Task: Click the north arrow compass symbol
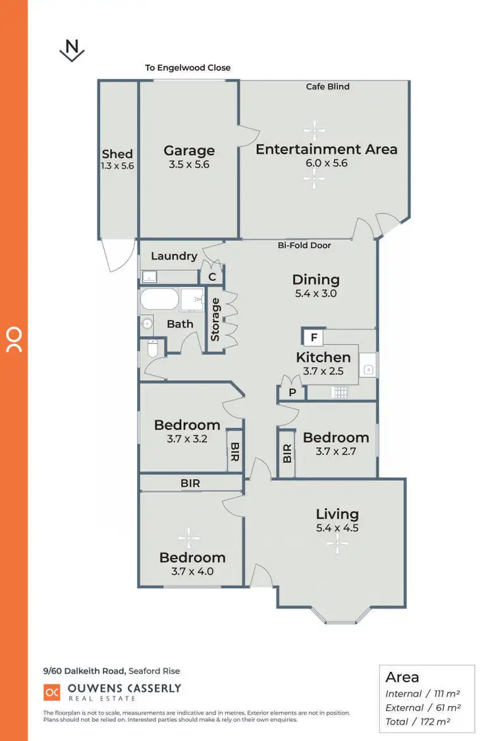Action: pyautogui.click(x=72, y=50)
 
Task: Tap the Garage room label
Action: pyautogui.click(x=189, y=151)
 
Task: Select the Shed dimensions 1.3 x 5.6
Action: pyautogui.click(x=117, y=166)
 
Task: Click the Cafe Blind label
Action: pyautogui.click(x=327, y=86)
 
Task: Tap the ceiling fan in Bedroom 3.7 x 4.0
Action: pyautogui.click(x=188, y=538)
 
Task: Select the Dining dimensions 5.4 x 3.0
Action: pyautogui.click(x=316, y=294)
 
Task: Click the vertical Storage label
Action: pyautogui.click(x=215, y=319)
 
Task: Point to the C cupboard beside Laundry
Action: pyautogui.click(x=212, y=277)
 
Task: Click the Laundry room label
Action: pyautogui.click(x=174, y=256)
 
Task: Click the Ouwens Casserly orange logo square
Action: pyautogui.click(x=51, y=692)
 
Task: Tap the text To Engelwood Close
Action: pyautogui.click(x=188, y=68)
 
